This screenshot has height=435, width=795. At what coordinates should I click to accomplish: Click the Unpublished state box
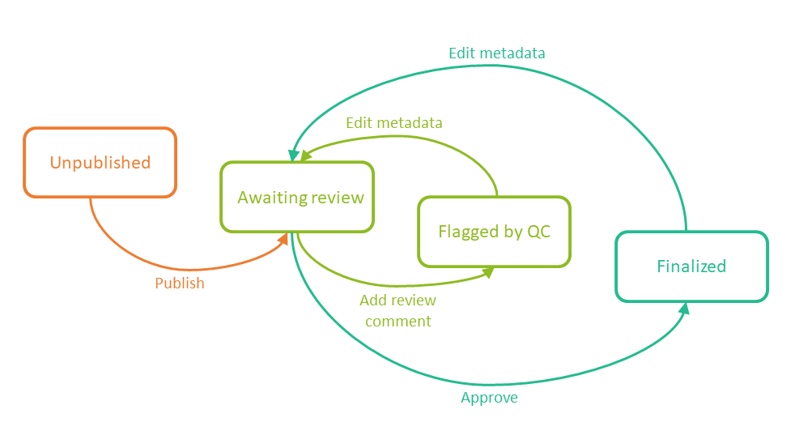pos(100,162)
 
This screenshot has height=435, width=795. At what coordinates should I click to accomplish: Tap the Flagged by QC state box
pos(494,232)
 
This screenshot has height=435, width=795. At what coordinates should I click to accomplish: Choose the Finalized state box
pos(691,267)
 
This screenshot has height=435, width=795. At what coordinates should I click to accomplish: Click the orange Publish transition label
pos(180,284)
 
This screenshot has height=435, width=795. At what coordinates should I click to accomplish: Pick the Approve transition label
pos(489,398)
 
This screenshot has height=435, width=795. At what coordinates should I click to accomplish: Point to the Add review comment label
pos(397,310)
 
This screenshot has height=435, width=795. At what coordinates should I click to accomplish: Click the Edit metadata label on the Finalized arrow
pos(496,53)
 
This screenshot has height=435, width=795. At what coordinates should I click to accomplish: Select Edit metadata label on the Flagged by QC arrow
pos(393,123)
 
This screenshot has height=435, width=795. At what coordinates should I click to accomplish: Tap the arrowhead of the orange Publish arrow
pos(284,238)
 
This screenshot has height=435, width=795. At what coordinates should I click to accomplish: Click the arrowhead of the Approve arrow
pos(684,308)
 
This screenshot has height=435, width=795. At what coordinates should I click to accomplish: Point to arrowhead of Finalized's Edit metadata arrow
pos(293,152)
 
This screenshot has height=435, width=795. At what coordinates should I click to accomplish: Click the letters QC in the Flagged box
pos(538,232)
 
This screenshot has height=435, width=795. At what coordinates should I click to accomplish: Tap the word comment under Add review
pos(397,322)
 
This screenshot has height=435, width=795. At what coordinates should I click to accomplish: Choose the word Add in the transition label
pos(373,300)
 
